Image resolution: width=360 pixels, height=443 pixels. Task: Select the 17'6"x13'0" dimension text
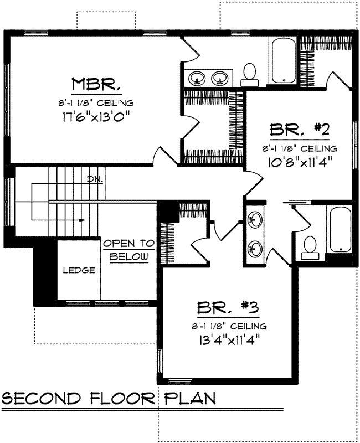click(96, 117)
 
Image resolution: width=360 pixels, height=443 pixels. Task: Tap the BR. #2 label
click(300, 130)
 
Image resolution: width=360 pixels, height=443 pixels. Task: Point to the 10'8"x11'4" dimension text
click(300, 163)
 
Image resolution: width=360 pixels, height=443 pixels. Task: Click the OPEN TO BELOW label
click(128, 250)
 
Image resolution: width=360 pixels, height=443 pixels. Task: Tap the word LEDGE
click(78, 271)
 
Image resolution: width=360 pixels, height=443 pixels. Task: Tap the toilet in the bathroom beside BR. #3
click(310, 247)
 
